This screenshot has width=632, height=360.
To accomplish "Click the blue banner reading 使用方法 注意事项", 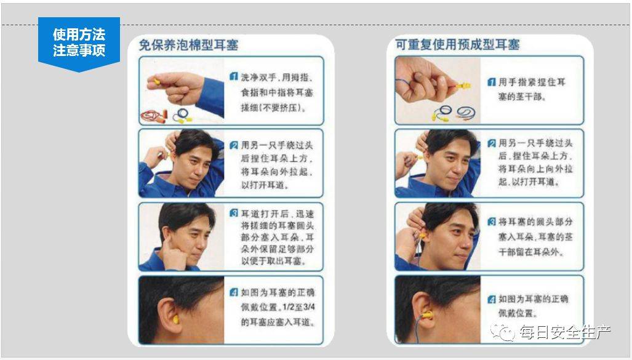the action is tap(79, 42).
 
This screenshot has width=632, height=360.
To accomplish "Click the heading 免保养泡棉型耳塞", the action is tap(189, 45).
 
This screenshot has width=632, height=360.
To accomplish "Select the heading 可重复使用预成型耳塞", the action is tap(457, 44).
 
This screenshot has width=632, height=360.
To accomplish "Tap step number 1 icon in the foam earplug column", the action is tap(234, 76).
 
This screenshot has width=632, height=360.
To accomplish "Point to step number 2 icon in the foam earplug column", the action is tap(234, 145).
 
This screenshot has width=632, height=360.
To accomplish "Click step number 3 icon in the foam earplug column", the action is tap(234, 214).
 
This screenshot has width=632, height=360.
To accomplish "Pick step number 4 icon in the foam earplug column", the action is tap(234, 292).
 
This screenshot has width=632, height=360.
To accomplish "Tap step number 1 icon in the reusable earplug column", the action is tap(491, 82).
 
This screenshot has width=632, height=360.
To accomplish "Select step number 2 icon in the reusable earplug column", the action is tap(491, 143).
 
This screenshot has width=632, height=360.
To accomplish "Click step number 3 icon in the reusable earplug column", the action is tap(491, 222).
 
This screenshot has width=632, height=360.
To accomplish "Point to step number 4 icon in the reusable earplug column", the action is tap(491, 300).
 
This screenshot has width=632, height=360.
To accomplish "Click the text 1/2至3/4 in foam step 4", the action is tap(298, 307).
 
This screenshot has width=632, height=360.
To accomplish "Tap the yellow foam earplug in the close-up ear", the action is tap(176, 319).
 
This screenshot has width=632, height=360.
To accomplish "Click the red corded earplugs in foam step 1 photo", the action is tap(153, 116).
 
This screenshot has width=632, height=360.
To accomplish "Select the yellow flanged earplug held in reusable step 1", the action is tap(463, 86).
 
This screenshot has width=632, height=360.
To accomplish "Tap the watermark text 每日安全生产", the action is tap(565, 332).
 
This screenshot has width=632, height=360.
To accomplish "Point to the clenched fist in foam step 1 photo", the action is tap(181, 87).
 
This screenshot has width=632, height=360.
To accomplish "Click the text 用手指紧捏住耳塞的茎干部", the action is tap(532, 89).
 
